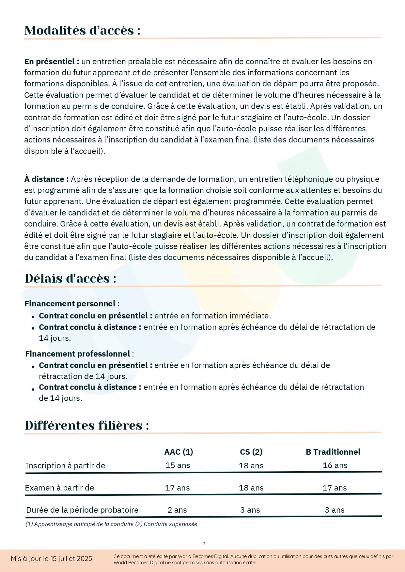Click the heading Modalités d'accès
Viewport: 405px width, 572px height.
82,30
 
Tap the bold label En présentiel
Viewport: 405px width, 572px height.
52,62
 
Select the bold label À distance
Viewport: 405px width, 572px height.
46,179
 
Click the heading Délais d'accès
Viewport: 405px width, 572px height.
70,278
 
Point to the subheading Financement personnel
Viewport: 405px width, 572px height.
72,304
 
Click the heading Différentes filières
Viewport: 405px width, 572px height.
87,425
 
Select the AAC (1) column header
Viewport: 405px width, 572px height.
179,452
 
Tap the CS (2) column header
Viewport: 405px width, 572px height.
251,452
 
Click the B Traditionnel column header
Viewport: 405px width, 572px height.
333,452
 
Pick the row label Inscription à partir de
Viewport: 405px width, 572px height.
65,466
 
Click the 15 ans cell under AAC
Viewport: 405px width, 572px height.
178,465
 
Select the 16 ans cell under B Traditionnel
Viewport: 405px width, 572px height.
335,465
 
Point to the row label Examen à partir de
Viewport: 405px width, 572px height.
59,488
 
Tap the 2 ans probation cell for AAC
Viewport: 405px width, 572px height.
177,510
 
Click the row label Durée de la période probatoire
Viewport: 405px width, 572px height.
82,510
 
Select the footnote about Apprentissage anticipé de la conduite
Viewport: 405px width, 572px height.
111,524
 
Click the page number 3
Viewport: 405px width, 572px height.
204,544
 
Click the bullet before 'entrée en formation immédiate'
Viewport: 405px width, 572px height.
33,317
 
